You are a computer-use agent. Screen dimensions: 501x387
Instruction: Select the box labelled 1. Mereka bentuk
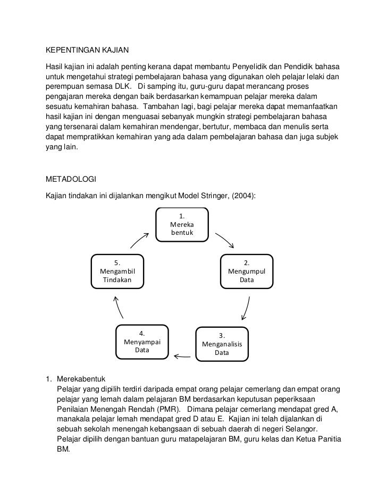coord(181,225)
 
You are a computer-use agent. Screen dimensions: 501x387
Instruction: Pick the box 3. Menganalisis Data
coord(222,344)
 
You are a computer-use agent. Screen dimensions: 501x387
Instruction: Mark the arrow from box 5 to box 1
coord(139,240)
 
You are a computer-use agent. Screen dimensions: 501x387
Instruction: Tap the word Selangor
coord(301,429)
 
